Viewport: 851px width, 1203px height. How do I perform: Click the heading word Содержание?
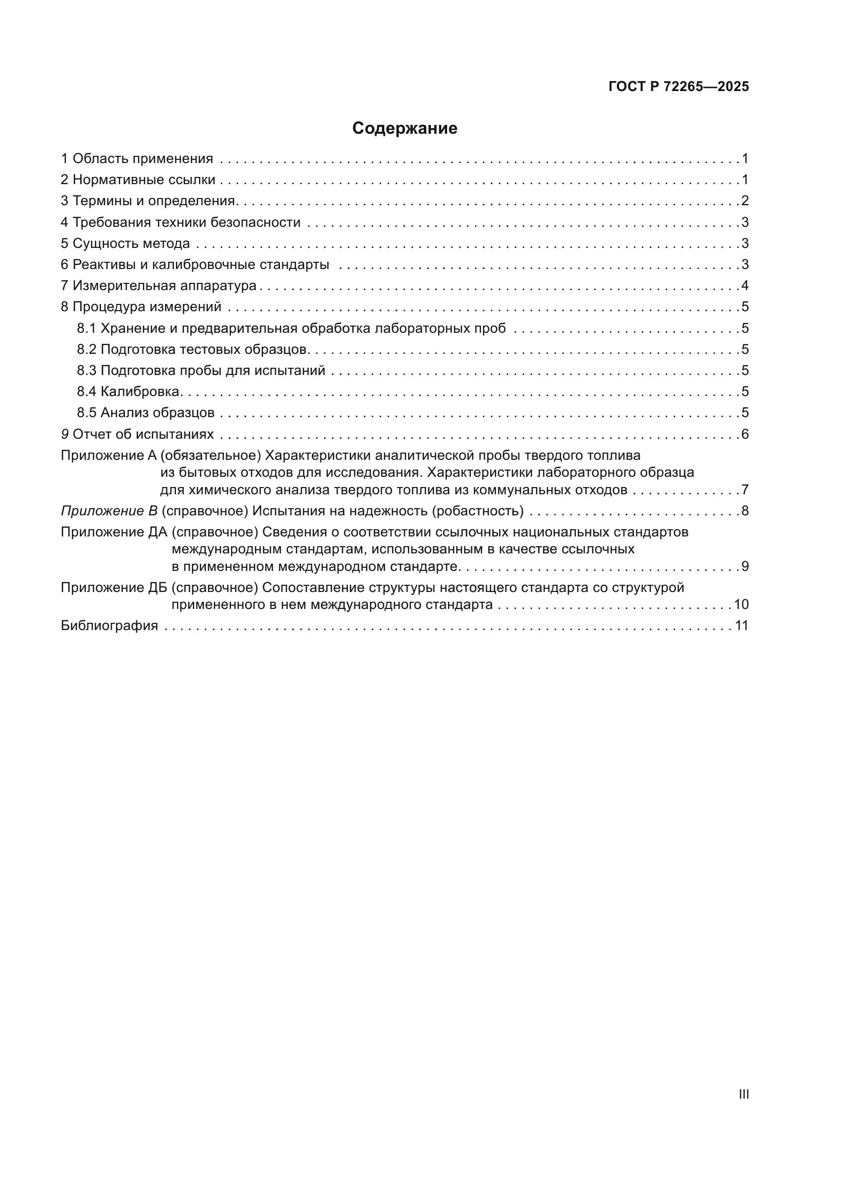click(x=404, y=129)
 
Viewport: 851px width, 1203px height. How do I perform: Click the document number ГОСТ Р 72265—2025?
click(x=679, y=87)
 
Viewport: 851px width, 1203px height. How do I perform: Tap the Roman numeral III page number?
click(x=743, y=1094)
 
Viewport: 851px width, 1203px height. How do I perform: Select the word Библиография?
click(x=110, y=625)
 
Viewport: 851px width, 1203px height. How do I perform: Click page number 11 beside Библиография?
click(x=741, y=625)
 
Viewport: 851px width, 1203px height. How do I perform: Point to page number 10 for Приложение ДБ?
click(x=741, y=605)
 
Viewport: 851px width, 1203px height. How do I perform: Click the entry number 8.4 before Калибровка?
click(x=86, y=391)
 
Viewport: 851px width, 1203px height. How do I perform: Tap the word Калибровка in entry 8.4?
click(x=140, y=391)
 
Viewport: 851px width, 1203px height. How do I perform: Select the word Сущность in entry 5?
click(x=98, y=244)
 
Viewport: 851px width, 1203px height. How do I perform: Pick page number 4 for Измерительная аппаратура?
click(x=744, y=286)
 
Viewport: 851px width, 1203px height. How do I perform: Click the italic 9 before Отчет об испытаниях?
click(x=65, y=435)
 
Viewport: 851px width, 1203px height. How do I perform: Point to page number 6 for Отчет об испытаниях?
click(x=744, y=435)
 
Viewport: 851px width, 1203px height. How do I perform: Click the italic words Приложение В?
click(x=109, y=511)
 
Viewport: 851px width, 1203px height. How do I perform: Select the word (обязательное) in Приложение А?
click(x=210, y=455)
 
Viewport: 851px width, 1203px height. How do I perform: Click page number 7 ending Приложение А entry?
click(x=744, y=491)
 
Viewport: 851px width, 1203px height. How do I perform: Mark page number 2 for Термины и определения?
click(x=744, y=201)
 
